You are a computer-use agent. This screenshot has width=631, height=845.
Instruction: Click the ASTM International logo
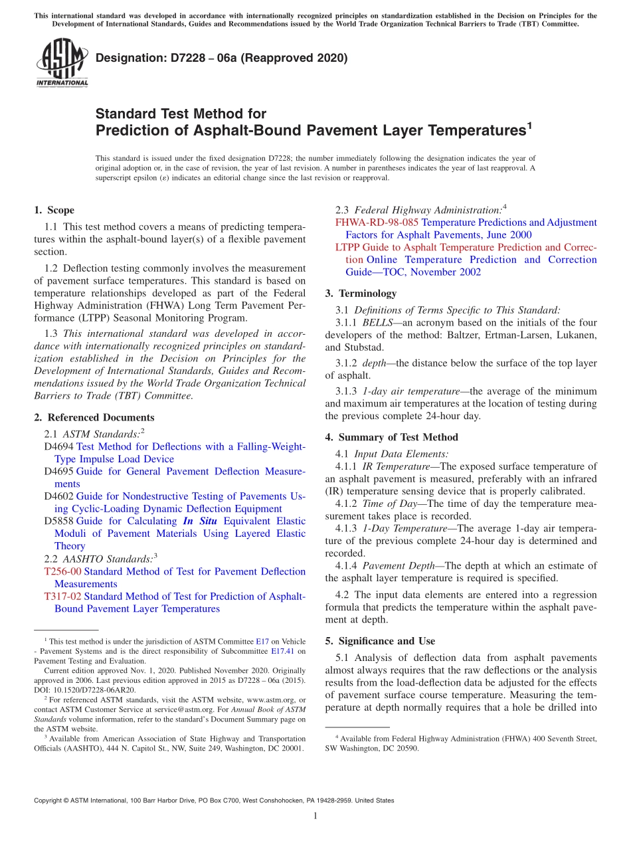(62, 63)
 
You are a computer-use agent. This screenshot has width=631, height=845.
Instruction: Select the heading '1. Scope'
(54, 210)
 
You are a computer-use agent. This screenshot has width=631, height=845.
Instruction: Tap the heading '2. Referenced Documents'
(94, 417)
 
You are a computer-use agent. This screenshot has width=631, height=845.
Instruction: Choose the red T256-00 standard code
(62, 571)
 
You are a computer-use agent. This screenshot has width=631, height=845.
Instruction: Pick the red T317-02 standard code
(62, 597)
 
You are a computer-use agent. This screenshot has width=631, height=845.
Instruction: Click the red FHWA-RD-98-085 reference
(377, 223)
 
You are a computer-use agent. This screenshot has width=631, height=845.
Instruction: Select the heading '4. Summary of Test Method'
(391, 437)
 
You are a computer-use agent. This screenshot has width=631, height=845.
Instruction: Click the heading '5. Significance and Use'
(380, 641)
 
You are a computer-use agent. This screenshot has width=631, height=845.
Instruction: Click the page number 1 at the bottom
(315, 816)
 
